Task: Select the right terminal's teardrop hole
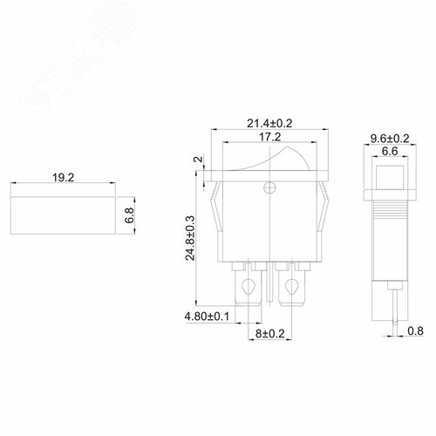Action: pyautogui.click(x=292, y=285)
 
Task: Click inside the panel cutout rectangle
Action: pyautogui.click(x=63, y=213)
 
